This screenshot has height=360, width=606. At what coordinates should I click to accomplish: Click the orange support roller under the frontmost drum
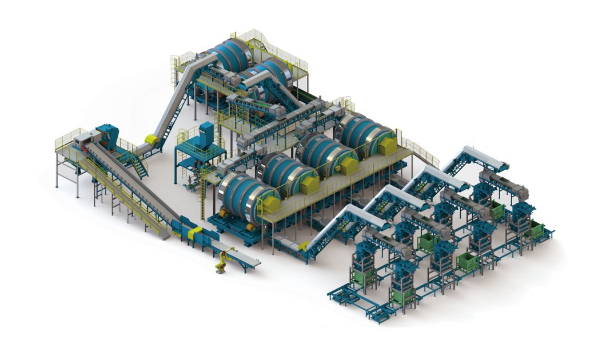coord(249,227)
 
